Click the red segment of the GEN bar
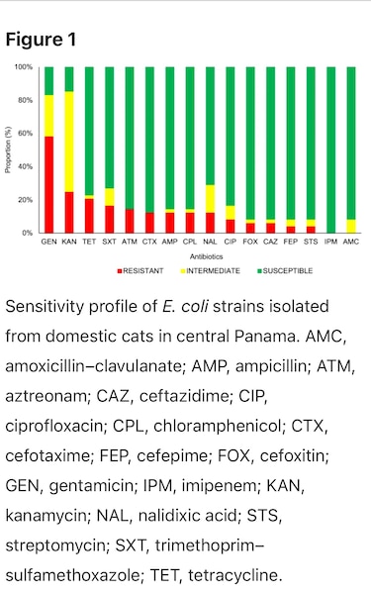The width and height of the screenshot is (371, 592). pos(48,184)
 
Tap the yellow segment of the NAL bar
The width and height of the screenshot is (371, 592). pos(210,199)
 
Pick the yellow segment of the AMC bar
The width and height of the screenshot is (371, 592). pos(351,226)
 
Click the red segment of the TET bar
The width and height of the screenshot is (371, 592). pos(89,216)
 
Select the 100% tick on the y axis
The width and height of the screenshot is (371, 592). pos(23,67)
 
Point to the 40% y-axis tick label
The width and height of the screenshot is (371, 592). pos(25,166)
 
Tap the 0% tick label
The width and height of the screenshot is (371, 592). pos(27,233)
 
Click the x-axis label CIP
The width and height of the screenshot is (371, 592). pos(230,241)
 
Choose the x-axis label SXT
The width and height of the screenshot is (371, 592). pos(109,241)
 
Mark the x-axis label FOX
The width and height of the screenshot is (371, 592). pos(250,241)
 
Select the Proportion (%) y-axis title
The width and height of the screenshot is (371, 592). pos(8,149)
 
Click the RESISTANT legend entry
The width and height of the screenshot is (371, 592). pos(139,270)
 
